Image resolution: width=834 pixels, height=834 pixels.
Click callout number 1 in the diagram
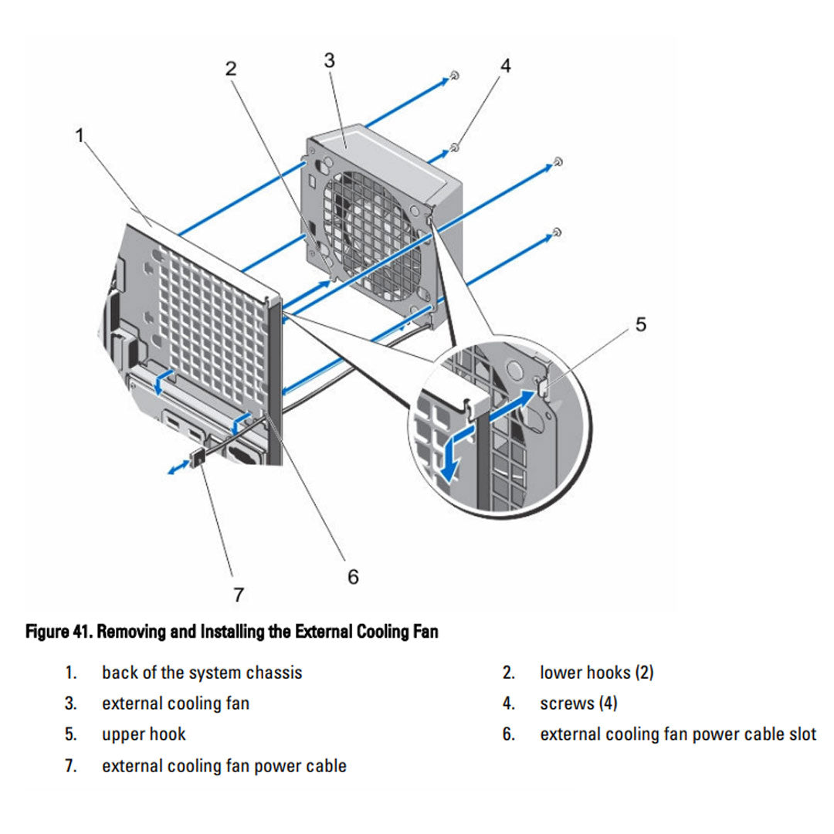[x=79, y=136]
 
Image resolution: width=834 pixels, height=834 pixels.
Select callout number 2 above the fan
[x=231, y=68]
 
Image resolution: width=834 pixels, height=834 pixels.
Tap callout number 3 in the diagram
[x=330, y=60]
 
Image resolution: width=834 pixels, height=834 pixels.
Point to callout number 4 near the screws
[x=505, y=66]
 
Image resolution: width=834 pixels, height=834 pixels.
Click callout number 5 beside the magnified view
[x=641, y=324]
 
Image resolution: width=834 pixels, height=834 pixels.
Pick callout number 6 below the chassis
[x=353, y=577]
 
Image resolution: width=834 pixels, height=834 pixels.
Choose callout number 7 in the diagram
[x=239, y=595]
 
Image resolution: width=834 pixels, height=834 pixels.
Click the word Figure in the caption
[x=48, y=632]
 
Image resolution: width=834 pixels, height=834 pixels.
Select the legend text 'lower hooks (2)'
[x=596, y=673]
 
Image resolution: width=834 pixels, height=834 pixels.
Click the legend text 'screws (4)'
[x=578, y=703]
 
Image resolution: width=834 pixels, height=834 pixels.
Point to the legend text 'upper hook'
[x=144, y=734]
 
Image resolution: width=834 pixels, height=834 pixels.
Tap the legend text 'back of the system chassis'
[x=202, y=673]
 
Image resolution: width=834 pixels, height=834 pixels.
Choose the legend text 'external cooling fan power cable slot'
[x=677, y=734]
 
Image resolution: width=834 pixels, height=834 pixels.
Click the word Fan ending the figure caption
[x=425, y=632]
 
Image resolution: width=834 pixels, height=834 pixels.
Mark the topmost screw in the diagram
[x=456, y=76]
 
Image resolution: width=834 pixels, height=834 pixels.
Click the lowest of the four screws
[x=557, y=232]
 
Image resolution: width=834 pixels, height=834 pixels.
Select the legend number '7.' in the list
[x=70, y=766]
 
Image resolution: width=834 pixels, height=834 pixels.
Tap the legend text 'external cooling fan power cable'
[x=224, y=766]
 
